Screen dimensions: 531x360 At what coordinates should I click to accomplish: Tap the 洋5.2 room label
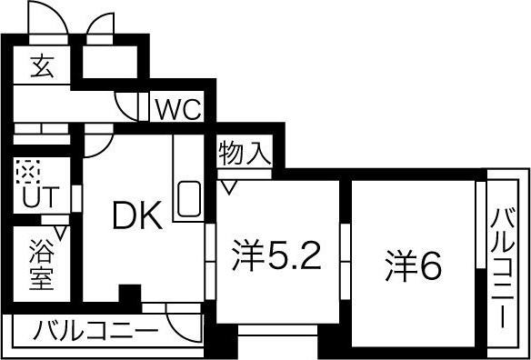pyautogui.click(x=276, y=258)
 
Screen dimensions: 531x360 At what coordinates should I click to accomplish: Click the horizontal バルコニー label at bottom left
pyautogui.click(x=96, y=329)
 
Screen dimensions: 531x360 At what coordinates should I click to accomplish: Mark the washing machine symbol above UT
pyautogui.click(x=27, y=170)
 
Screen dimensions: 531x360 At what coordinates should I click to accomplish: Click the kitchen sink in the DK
pyautogui.click(x=189, y=198)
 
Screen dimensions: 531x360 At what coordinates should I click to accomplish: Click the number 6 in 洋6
pyautogui.click(x=430, y=264)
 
